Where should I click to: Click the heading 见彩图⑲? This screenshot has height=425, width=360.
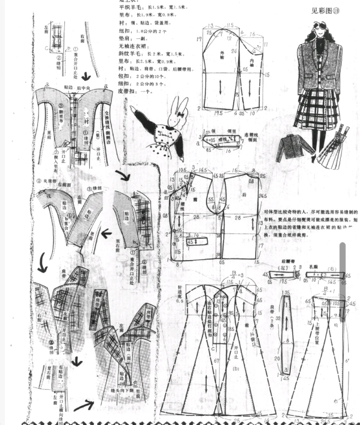click(325, 11)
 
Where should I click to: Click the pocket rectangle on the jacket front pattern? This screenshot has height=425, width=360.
click(196, 241)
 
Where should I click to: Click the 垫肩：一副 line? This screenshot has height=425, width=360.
click(133, 39)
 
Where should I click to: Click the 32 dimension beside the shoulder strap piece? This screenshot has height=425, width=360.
click(278, 318)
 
